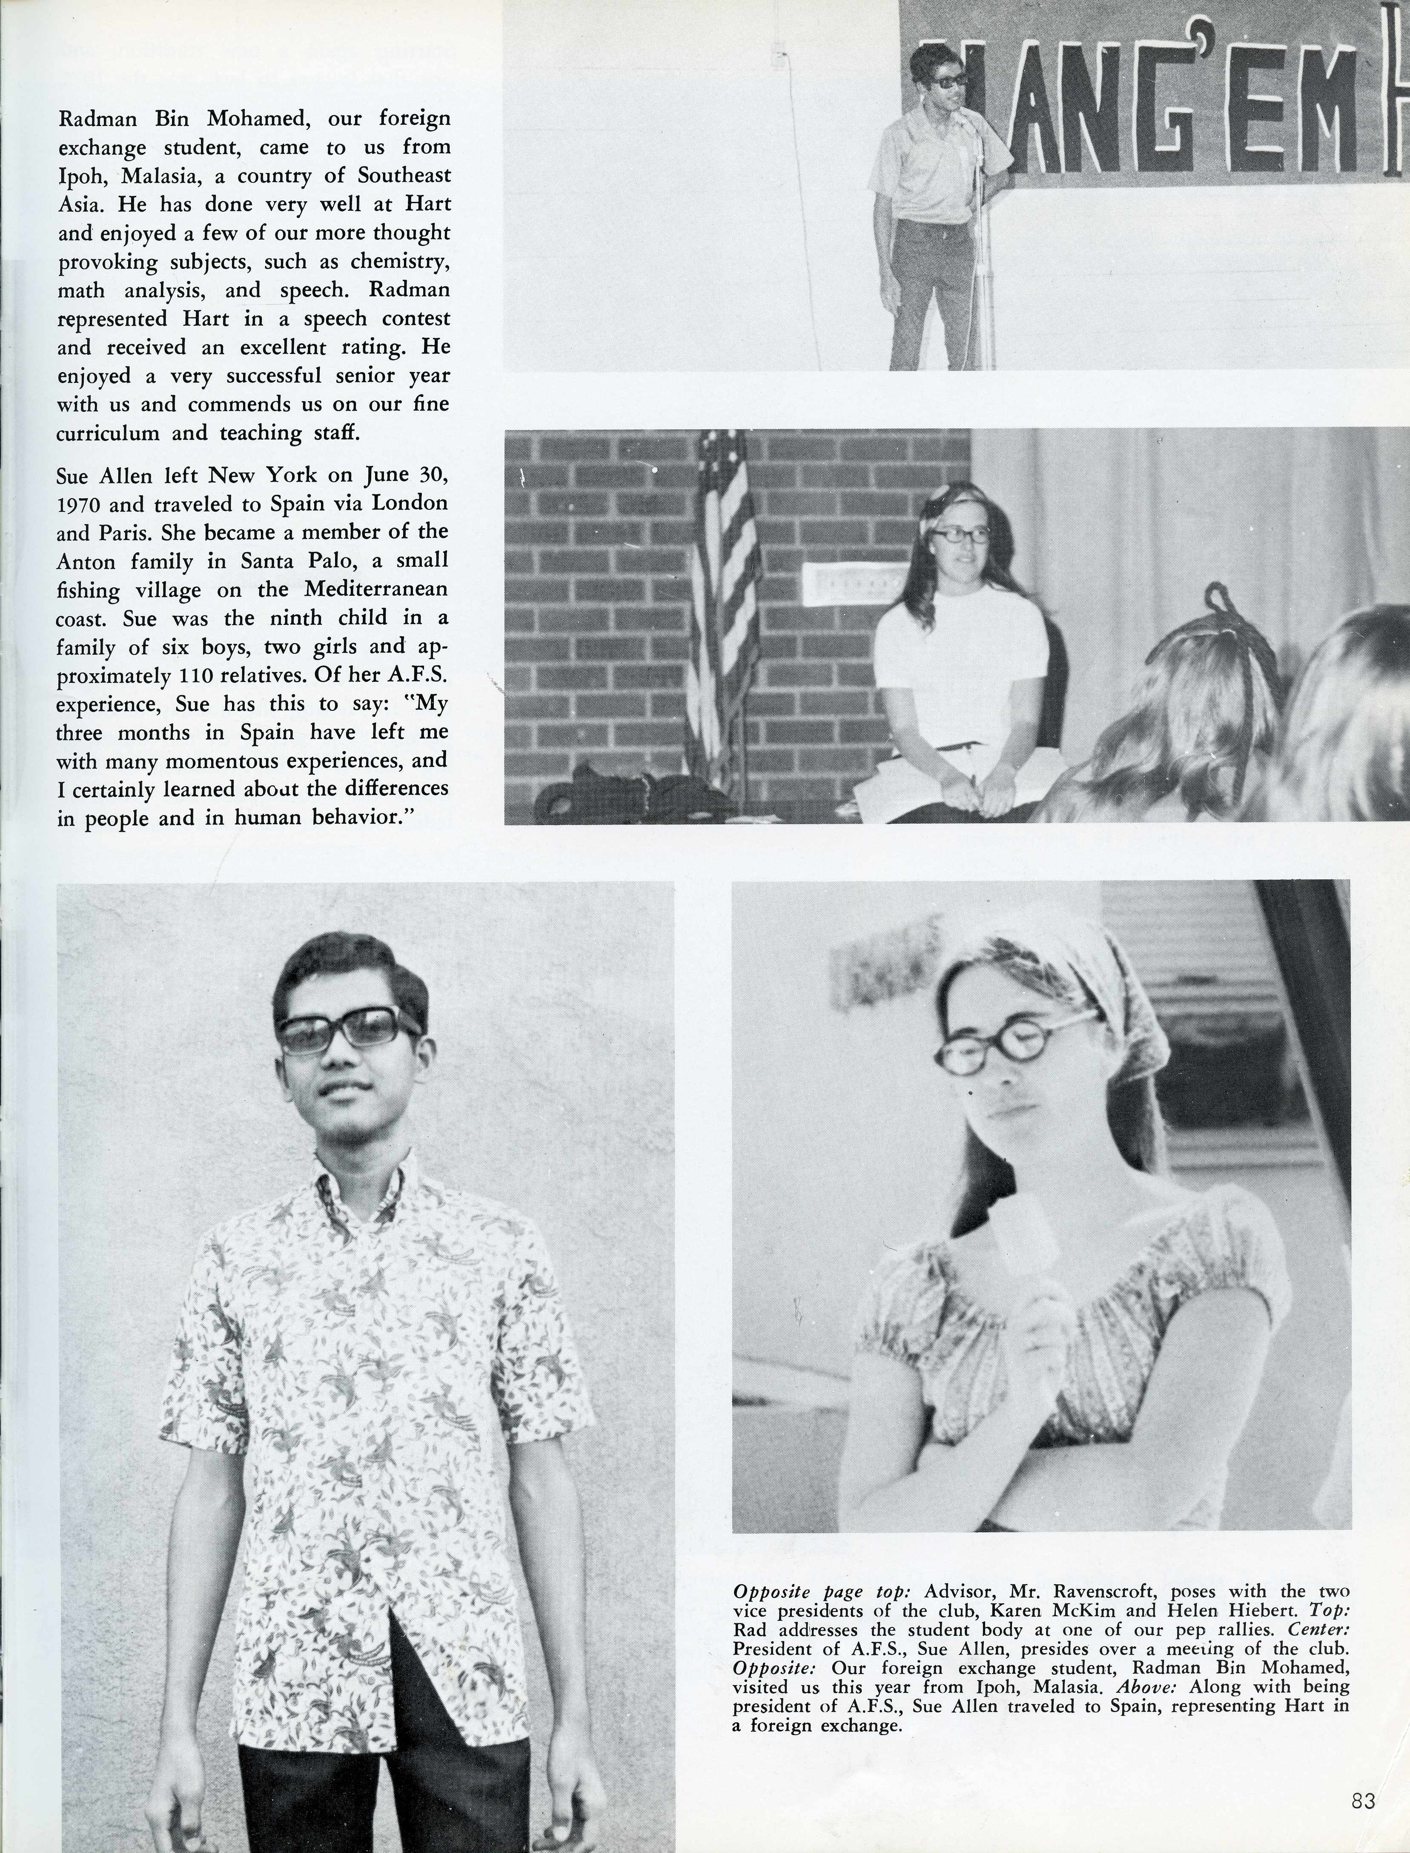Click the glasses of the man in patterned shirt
tap(346, 1029)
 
